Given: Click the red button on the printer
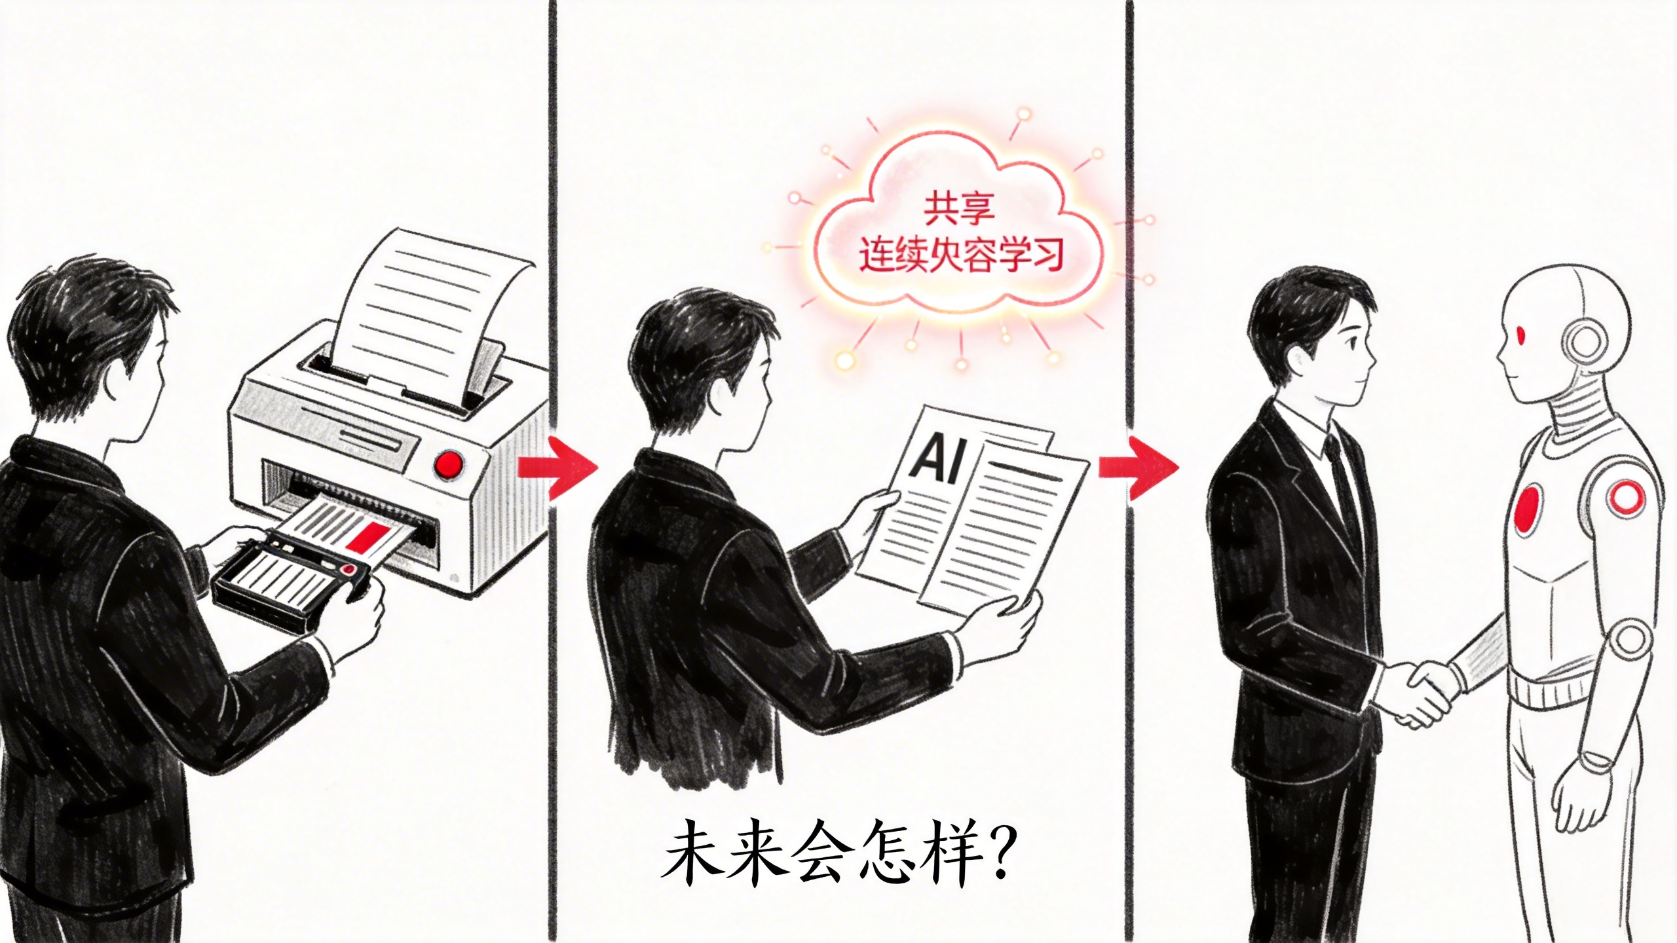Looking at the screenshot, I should (449, 464).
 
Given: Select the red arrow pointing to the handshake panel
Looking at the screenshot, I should (1138, 467).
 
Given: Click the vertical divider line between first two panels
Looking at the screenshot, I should (552, 262).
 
